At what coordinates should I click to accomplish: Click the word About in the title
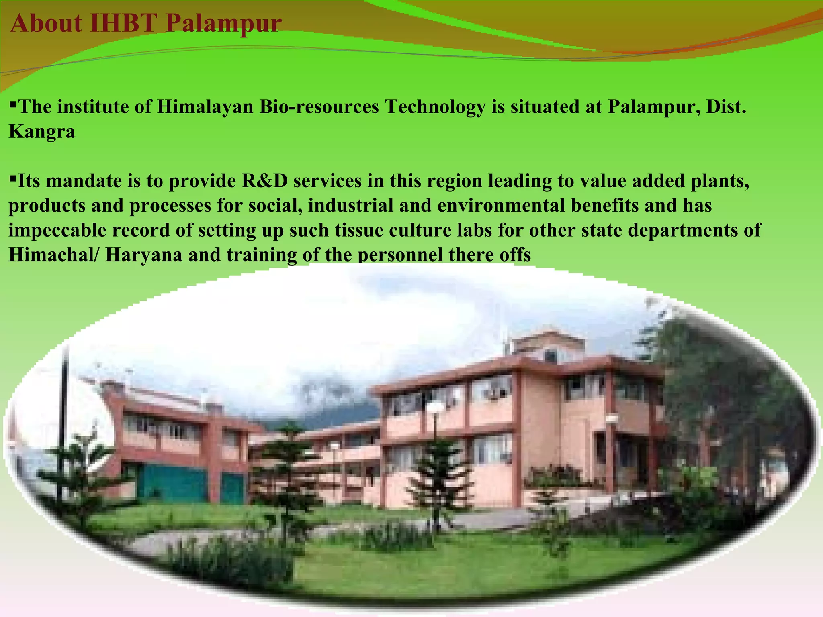46,23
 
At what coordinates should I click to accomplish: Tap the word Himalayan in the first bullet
205,107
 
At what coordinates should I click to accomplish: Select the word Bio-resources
319,107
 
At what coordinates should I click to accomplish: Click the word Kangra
42,132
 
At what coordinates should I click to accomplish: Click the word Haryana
144,255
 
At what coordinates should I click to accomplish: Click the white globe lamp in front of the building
435,409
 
